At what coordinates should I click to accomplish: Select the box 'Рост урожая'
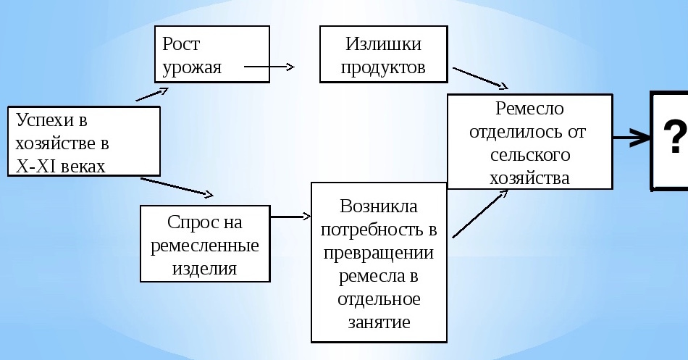click(x=212, y=54)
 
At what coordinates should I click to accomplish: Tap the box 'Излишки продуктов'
click(x=383, y=54)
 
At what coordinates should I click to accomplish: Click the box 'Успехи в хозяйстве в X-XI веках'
click(x=83, y=142)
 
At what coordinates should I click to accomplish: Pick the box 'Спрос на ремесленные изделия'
click(x=204, y=243)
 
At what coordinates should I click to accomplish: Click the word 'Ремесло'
click(x=529, y=109)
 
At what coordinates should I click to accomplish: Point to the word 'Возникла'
click(x=378, y=206)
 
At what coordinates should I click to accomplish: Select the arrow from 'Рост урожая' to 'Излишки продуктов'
click(x=269, y=67)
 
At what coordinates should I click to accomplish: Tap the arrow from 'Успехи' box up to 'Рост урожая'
click(x=152, y=94)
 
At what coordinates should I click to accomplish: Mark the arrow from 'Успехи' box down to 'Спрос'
click(x=177, y=187)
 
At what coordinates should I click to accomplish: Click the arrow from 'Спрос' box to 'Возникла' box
click(x=290, y=216)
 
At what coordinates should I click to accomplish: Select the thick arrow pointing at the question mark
click(x=631, y=136)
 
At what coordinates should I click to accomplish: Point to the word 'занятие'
click(x=378, y=322)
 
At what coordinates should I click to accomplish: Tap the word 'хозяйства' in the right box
click(x=529, y=177)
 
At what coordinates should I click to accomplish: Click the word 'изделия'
click(x=204, y=268)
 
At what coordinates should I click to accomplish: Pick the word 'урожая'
click(x=192, y=67)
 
